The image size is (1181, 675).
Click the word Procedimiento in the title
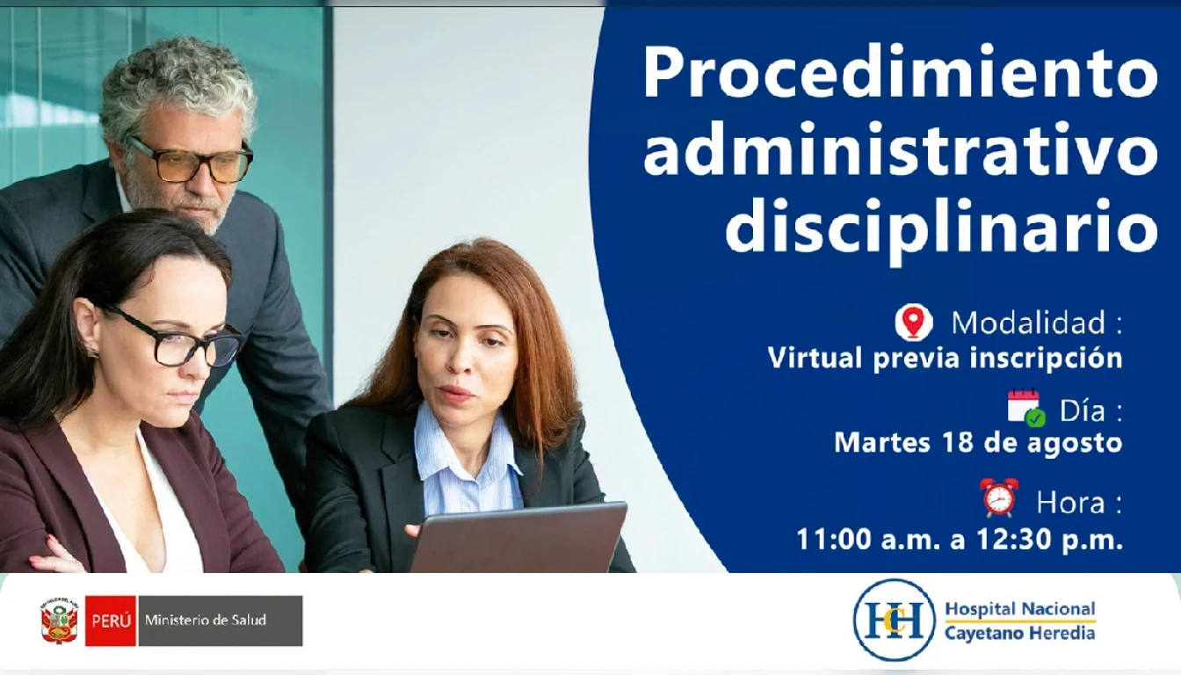click(900, 73)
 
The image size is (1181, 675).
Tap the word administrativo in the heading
click(900, 149)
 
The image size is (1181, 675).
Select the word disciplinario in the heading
click(941, 230)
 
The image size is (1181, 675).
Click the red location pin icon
click(914, 322)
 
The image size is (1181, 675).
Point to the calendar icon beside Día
click(1026, 408)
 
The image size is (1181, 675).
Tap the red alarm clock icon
click(998, 497)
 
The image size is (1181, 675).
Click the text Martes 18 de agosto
click(978, 442)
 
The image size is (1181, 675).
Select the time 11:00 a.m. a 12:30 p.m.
click(959, 539)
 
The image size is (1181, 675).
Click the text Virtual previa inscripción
click(945, 359)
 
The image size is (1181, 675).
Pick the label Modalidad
click(1028, 322)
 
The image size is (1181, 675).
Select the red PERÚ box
click(111, 621)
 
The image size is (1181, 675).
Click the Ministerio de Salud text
click(206, 621)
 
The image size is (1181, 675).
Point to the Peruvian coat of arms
click(59, 621)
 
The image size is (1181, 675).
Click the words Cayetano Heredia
click(1019, 632)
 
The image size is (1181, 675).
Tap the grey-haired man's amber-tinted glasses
click(191, 160)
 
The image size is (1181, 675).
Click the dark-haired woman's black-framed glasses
click(174, 338)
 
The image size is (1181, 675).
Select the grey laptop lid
click(518, 538)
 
